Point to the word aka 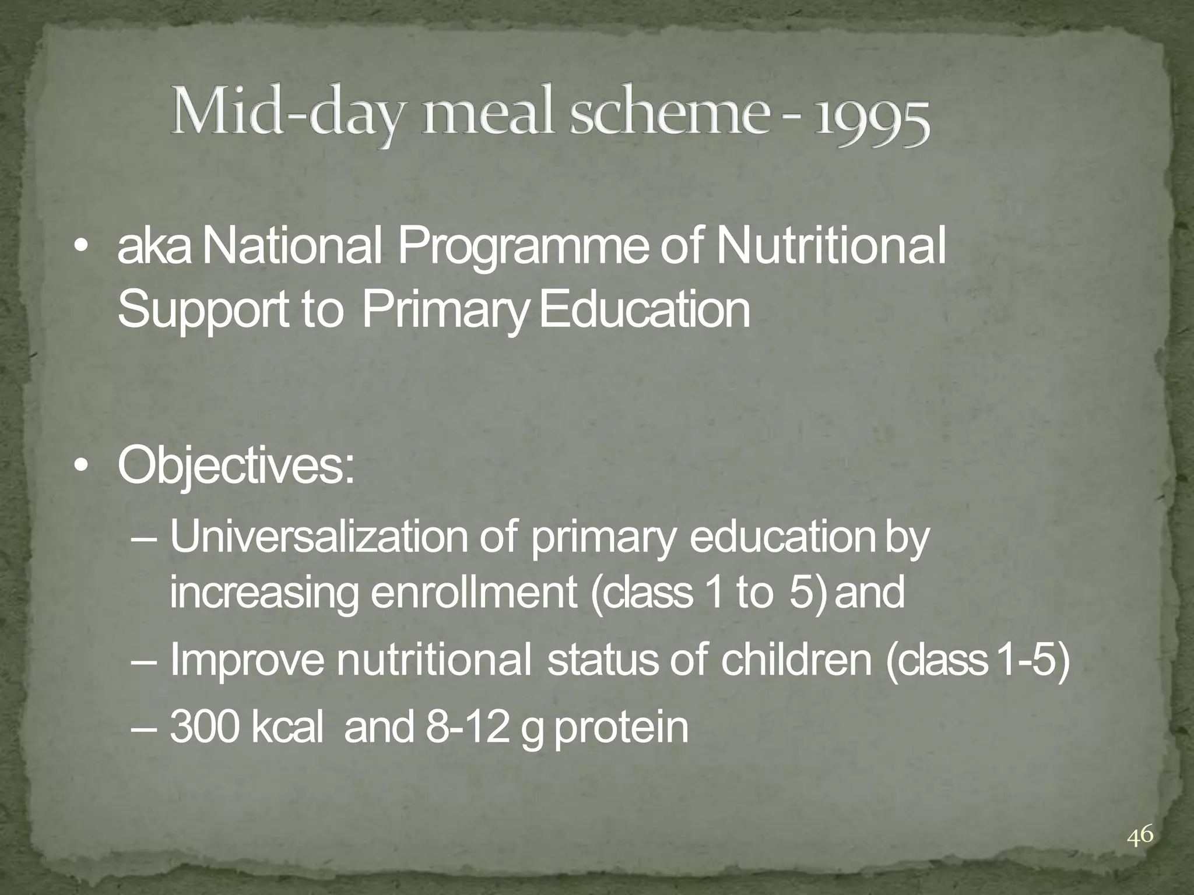click(154, 248)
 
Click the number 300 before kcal click(205, 727)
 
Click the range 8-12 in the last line click(466, 727)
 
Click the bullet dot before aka click(82, 247)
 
